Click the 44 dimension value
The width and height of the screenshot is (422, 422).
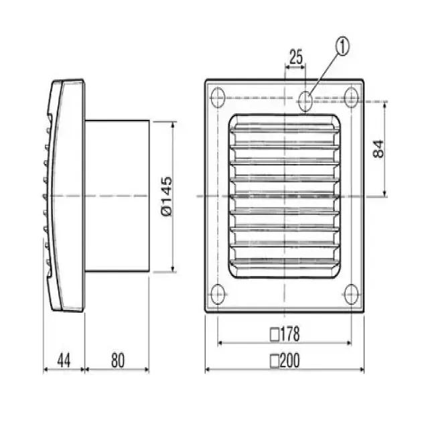coord(64,360)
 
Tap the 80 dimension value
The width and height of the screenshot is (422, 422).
coord(118,360)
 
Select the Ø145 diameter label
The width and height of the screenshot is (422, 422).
coord(166,196)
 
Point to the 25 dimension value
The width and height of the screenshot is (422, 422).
coord(296,57)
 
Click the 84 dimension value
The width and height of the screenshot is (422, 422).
coord(378,149)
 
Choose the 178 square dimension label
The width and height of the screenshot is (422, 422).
coord(285,334)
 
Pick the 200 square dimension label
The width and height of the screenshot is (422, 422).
coord(285,360)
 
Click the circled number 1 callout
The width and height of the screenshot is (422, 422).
coord(342,46)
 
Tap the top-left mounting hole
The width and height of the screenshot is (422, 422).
coord(218,97)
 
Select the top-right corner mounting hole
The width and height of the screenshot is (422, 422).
coord(352,97)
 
